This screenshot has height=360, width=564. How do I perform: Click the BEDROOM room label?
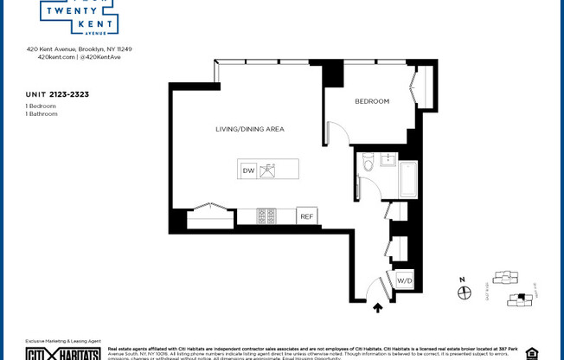372,101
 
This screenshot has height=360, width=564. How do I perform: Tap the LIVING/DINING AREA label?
250,129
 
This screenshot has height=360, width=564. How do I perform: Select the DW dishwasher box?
248,170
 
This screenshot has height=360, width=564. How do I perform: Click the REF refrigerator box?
306,216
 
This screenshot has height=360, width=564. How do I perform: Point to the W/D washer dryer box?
404,281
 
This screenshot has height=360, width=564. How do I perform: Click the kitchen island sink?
269,170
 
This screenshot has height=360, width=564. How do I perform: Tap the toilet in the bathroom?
367,164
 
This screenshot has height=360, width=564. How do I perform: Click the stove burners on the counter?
266,215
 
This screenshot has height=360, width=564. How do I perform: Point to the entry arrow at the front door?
377,306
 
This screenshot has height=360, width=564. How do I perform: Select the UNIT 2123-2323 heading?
58,93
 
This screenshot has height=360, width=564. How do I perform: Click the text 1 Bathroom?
42,113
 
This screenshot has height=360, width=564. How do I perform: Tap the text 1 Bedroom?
41,106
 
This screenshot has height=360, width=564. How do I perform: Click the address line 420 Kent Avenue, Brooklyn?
79,49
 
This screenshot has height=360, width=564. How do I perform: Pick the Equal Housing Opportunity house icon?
531,353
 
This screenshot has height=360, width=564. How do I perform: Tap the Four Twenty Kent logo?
79,16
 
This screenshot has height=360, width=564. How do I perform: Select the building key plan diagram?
510,288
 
